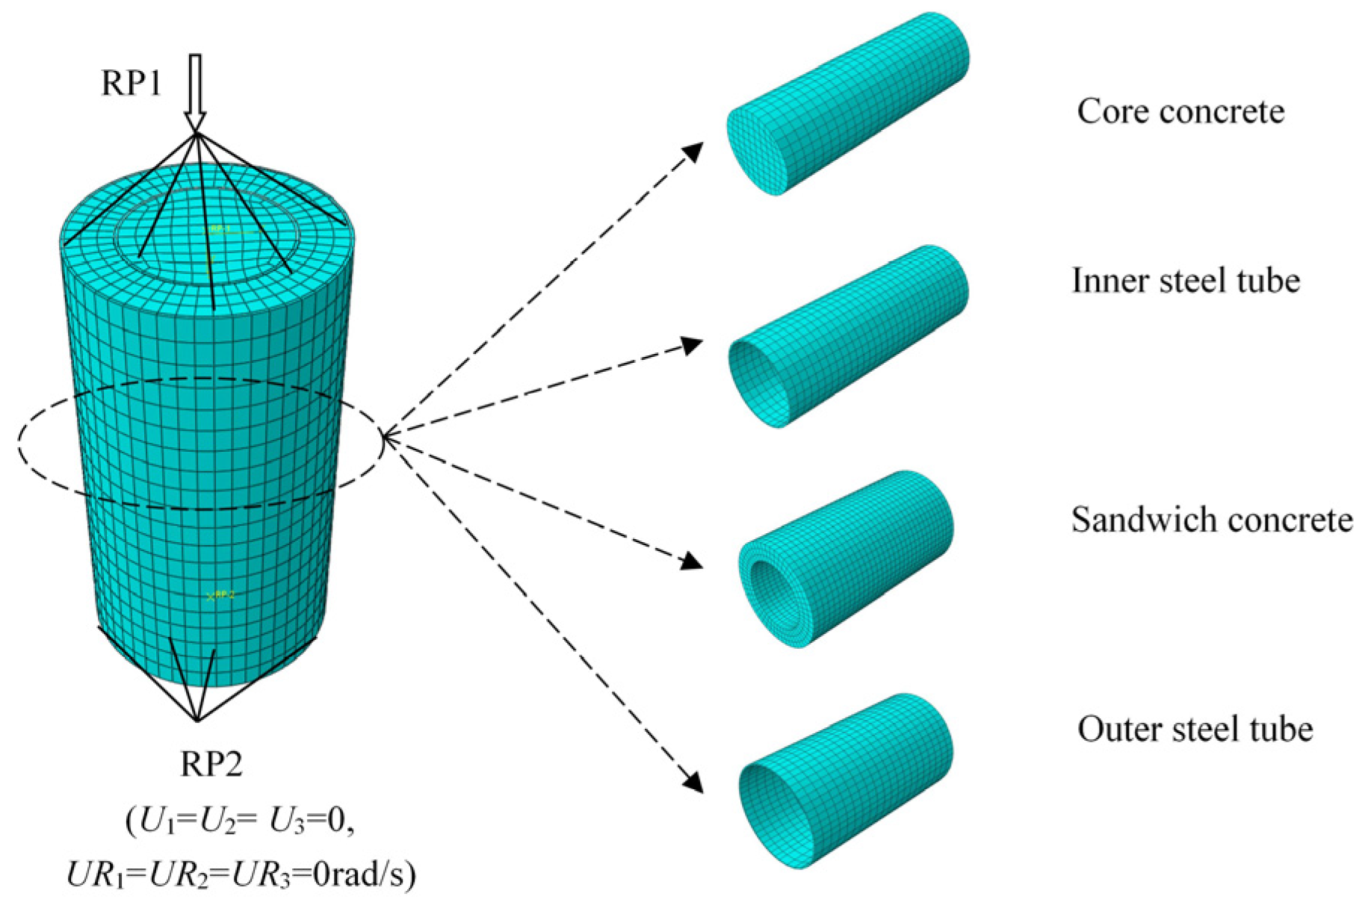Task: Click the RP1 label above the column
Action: [x=131, y=83]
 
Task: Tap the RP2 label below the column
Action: [x=211, y=764]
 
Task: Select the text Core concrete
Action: [x=1180, y=112]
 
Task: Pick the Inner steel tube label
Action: [x=1186, y=282]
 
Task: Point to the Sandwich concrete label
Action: [x=1211, y=520]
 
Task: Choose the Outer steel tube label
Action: [x=1195, y=730]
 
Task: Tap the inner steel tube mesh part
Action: [x=848, y=336]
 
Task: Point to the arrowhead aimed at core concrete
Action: [x=694, y=151]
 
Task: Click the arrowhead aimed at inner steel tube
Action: [x=693, y=345]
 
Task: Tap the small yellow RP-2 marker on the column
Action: [x=220, y=595]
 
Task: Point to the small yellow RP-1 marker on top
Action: [x=219, y=229]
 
